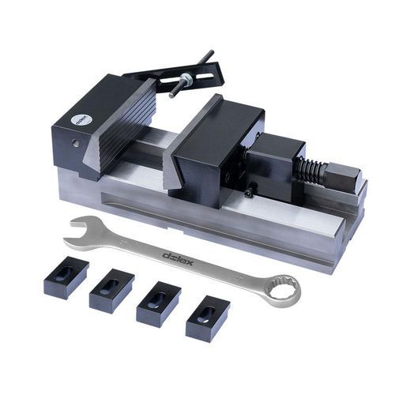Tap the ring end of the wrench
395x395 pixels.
(x=281, y=289)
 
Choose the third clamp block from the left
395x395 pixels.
(x=158, y=303)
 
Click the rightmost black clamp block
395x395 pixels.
(x=207, y=317)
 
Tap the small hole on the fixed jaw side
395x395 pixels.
(x=74, y=145)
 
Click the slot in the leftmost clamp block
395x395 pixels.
(x=65, y=273)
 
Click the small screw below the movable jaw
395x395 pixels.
(x=249, y=191)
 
